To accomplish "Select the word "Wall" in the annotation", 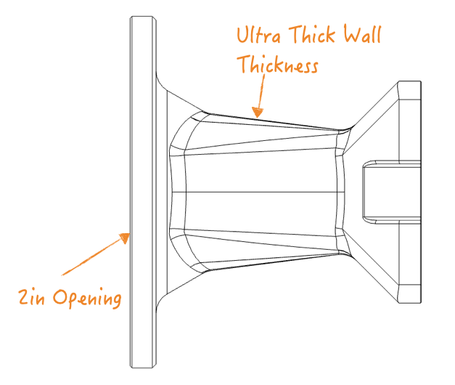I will [x=361, y=35].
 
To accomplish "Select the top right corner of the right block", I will [x=420, y=83].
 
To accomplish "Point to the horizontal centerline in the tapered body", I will [x=261, y=192].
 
